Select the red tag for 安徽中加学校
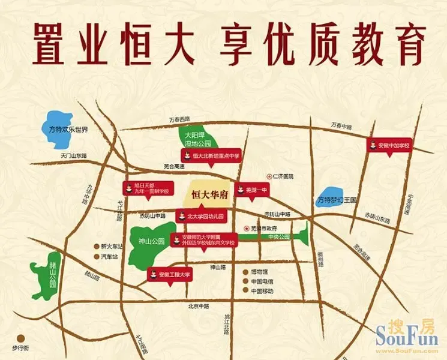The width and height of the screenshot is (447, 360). pos(392,146)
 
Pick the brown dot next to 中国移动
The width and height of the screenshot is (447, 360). pos(245,290)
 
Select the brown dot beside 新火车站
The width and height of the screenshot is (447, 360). pos(95,246)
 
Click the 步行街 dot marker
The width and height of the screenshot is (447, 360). pos(21,338)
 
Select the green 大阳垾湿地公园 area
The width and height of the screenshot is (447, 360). pos(196,137)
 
